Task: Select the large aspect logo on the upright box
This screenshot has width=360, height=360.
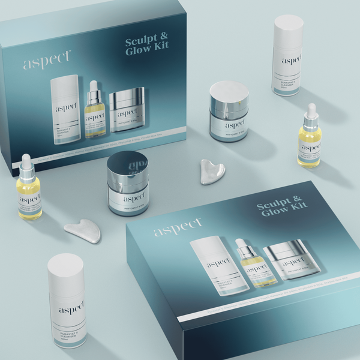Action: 47,60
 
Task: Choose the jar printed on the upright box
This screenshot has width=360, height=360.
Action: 127,111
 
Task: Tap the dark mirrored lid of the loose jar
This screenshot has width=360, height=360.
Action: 128,163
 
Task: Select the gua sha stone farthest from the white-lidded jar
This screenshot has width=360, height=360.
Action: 83,230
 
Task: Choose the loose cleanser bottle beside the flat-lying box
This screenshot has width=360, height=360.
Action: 67,300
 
